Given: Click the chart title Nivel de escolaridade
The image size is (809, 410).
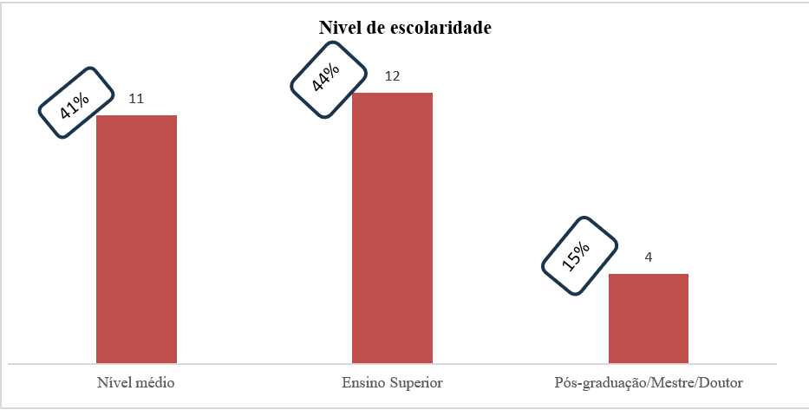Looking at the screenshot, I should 404,29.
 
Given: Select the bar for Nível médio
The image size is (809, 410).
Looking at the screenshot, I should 136,238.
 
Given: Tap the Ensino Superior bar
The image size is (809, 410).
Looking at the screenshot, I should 392,227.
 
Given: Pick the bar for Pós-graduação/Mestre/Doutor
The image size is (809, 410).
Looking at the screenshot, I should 648,317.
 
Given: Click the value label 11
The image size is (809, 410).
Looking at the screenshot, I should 136,99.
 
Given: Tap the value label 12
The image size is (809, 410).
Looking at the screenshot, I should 392,76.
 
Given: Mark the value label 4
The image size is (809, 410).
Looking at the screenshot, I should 648,257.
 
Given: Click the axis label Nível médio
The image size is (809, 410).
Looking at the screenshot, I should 136,382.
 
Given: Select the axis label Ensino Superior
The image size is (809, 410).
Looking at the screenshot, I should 392,382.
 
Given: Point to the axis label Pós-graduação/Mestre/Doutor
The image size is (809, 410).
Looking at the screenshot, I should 649,382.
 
